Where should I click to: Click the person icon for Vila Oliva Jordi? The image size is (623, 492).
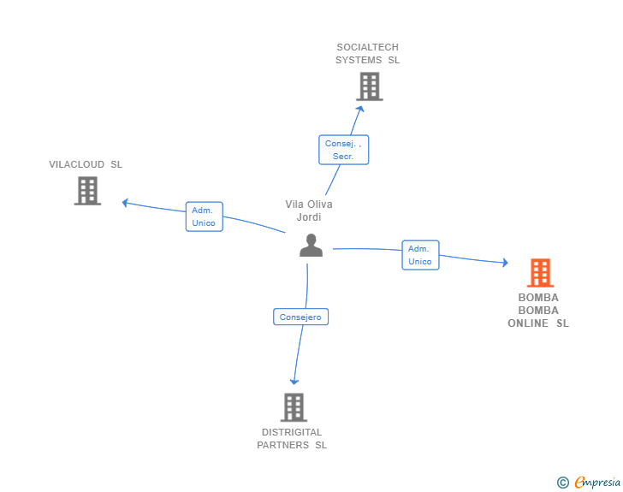[311, 246]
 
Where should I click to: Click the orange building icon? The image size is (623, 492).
[540, 273]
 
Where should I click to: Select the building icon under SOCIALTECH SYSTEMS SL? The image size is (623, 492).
[370, 86]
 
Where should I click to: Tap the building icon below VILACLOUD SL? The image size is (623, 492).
[87, 191]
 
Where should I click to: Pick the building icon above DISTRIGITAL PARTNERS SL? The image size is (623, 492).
[294, 407]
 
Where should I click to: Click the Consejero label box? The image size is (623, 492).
[300, 317]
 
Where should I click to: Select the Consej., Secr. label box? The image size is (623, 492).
[344, 150]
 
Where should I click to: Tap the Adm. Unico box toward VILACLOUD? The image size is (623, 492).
[205, 216]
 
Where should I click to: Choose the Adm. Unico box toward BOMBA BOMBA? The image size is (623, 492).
[420, 255]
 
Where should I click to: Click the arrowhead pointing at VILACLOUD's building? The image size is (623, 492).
[125, 203]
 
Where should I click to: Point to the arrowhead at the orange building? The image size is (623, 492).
[506, 263]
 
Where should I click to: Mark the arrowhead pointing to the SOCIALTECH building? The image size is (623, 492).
[360, 109]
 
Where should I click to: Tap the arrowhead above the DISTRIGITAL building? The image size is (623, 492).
[294, 382]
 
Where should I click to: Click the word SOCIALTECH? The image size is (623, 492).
[367, 47]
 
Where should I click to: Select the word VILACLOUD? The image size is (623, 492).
[77, 164]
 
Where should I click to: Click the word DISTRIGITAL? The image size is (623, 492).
[292, 432]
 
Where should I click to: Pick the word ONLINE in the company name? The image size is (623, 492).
[528, 323]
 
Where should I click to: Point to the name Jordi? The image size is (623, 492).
[309, 217]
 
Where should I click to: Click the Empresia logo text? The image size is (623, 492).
[597, 483]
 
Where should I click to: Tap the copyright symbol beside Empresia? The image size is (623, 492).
[563, 483]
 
